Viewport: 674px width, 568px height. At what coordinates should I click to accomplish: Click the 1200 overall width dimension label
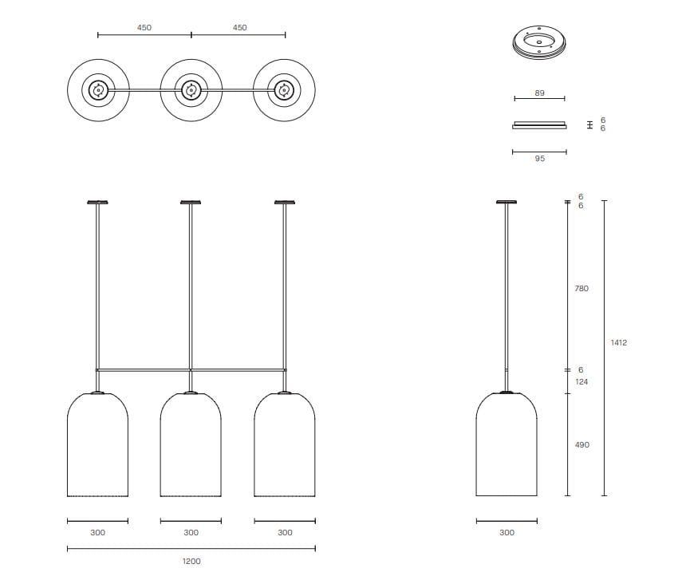pyautogui.click(x=191, y=561)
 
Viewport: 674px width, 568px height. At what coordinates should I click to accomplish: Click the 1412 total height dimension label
pyautogui.click(x=618, y=342)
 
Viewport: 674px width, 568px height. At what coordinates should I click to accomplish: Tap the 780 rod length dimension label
pyautogui.click(x=581, y=288)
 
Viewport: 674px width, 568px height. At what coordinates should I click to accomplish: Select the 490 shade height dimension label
pyautogui.click(x=581, y=444)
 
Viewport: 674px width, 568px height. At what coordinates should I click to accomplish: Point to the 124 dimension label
pyautogui.click(x=581, y=381)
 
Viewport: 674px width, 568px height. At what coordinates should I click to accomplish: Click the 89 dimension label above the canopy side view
pyautogui.click(x=539, y=93)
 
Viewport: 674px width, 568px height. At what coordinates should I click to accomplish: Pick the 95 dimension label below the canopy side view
pyautogui.click(x=539, y=158)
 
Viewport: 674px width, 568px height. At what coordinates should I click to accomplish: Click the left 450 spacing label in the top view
pyautogui.click(x=144, y=27)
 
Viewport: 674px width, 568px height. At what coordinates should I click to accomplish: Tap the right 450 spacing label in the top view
pyautogui.click(x=239, y=27)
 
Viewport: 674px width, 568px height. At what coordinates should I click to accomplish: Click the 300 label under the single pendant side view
pyautogui.click(x=506, y=532)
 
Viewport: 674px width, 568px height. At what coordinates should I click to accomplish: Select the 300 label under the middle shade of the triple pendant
pyautogui.click(x=191, y=532)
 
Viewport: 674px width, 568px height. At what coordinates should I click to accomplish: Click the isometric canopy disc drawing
pyautogui.click(x=539, y=41)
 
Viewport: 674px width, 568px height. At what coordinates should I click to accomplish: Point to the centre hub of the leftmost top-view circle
pyautogui.click(x=98, y=90)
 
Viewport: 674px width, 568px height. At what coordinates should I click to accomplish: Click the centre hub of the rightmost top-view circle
pyautogui.click(x=284, y=90)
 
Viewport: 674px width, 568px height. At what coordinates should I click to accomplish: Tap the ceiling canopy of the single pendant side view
pyautogui.click(x=506, y=202)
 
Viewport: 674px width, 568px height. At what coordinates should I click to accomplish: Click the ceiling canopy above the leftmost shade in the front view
pyautogui.click(x=97, y=202)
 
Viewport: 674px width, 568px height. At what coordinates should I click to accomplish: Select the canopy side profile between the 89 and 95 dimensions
pyautogui.click(x=539, y=125)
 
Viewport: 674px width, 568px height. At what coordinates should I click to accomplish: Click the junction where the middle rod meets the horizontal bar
pyautogui.click(x=191, y=370)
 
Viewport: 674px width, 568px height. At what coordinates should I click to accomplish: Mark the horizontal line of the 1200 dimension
pyautogui.click(x=191, y=548)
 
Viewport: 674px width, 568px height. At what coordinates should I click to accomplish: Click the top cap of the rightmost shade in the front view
pyautogui.click(x=284, y=392)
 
